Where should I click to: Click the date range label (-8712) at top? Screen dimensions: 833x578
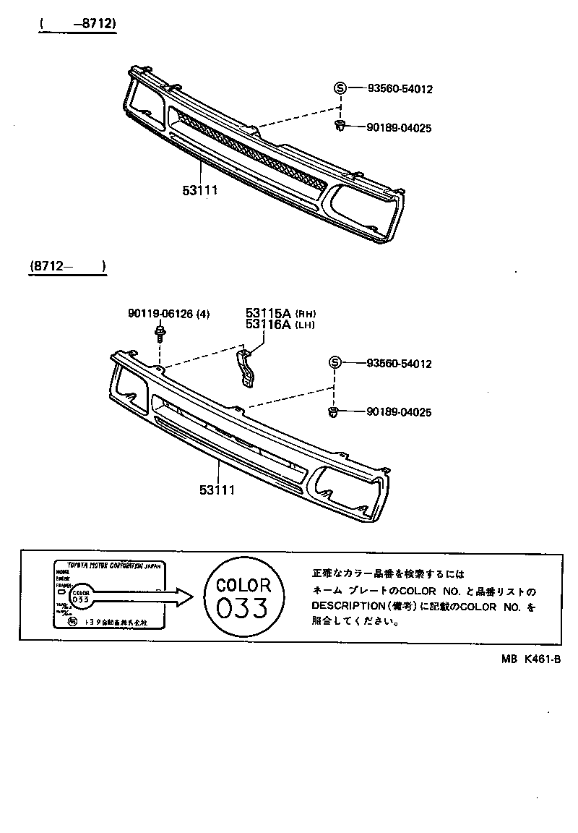pos(78,24)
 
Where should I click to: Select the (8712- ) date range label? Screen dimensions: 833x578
pos(68,267)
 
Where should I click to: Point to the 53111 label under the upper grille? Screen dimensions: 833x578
pos(199,190)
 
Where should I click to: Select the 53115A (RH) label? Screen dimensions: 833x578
pos(280,313)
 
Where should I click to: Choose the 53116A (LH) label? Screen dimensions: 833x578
pos(280,325)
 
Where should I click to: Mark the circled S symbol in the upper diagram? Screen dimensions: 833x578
pos(340,88)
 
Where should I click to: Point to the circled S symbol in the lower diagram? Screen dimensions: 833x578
pos(335,363)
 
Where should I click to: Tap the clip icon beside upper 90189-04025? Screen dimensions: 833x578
pos(339,127)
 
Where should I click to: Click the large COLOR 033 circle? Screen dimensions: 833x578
pos(243,597)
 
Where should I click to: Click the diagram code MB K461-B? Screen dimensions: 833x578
pos(532,659)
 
